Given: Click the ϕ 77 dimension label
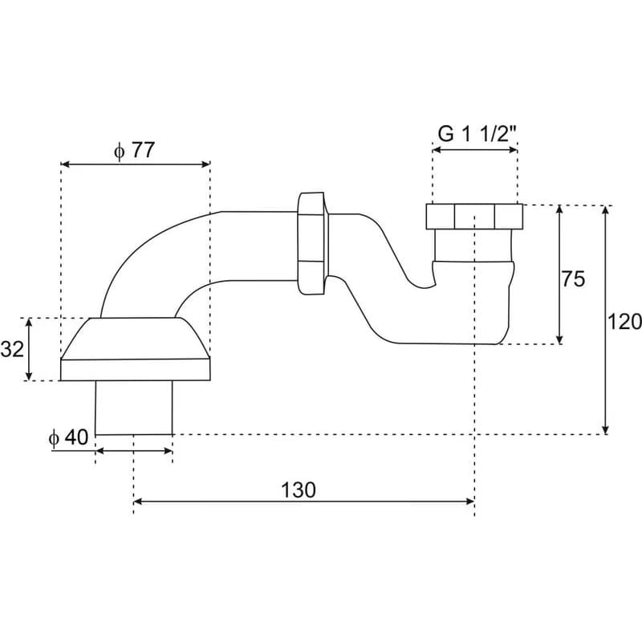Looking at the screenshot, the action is pyautogui.click(x=134, y=150).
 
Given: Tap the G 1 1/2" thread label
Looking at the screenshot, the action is pyautogui.click(x=477, y=133).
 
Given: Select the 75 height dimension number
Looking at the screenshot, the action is pyautogui.click(x=573, y=279).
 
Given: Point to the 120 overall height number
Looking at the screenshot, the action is pyautogui.click(x=624, y=322).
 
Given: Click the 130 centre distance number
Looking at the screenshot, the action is pyautogui.click(x=299, y=490).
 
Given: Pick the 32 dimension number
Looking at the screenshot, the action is pyautogui.click(x=12, y=349).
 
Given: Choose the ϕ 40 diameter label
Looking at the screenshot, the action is pyautogui.click(x=68, y=437).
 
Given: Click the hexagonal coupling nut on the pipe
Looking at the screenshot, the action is pyautogui.click(x=312, y=243).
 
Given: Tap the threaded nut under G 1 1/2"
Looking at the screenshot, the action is pyautogui.click(x=474, y=216).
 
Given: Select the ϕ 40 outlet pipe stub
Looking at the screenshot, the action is pyautogui.click(x=134, y=408).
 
